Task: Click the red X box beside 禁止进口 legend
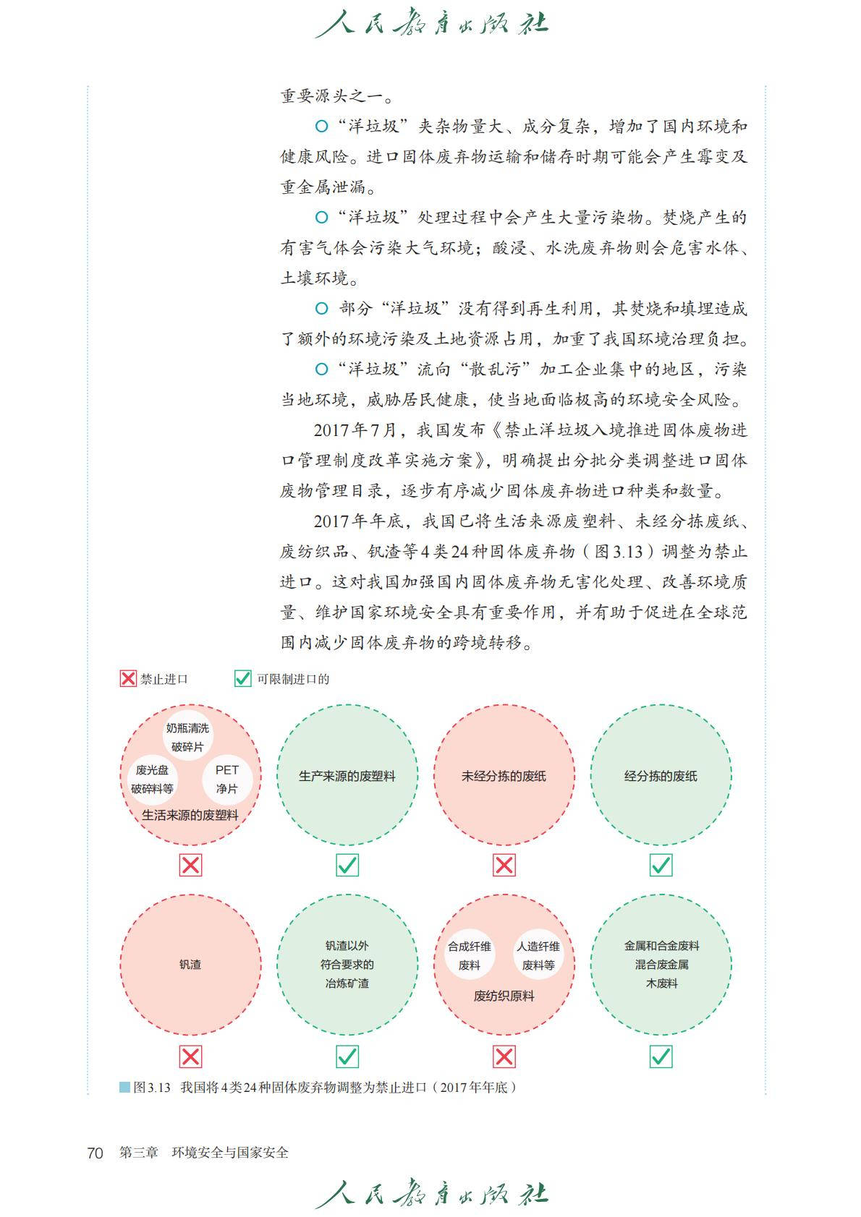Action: click(128, 678)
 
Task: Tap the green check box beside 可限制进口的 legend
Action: click(242, 678)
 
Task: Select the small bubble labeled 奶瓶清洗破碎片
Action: click(187, 737)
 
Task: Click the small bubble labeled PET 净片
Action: click(226, 779)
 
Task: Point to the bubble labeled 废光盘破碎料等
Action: click(152, 779)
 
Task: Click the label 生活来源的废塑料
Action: click(190, 815)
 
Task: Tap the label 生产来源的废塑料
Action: click(347, 776)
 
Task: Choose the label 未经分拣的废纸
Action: click(504, 776)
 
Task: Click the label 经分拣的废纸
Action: click(661, 776)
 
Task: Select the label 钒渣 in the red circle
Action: click(190, 964)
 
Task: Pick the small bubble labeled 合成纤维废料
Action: click(470, 955)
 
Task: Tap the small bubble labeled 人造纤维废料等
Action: click(538, 955)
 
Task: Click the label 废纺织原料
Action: click(504, 996)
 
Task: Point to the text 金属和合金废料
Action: click(661, 945)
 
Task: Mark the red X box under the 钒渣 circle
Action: click(190, 1056)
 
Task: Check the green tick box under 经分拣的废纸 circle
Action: click(661, 865)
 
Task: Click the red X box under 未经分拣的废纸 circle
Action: click(504, 865)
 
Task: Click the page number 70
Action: click(95, 1153)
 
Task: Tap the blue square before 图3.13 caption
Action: click(124, 1087)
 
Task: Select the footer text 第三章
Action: click(138, 1153)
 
